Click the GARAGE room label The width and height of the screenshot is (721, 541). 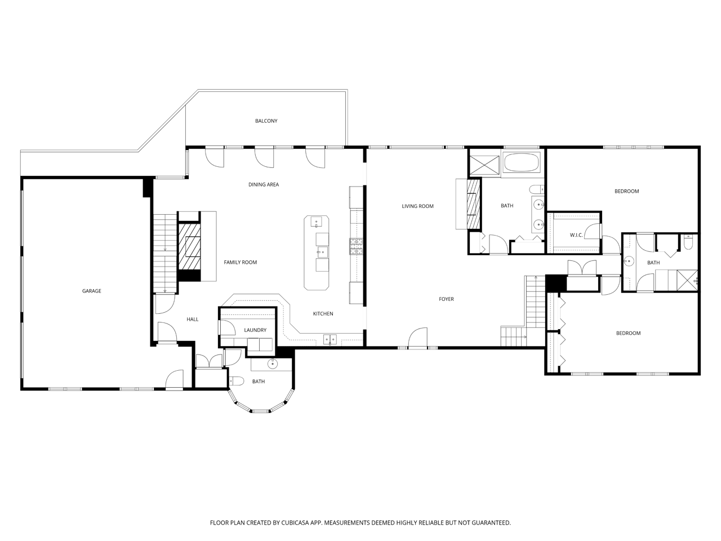(x=92, y=291)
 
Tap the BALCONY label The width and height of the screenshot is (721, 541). (x=266, y=121)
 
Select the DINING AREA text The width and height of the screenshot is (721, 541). (x=264, y=185)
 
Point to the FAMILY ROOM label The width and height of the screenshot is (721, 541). (x=240, y=262)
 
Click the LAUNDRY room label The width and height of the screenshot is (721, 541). (x=255, y=330)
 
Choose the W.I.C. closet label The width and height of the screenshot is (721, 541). (x=576, y=235)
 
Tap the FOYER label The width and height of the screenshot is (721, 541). (x=446, y=299)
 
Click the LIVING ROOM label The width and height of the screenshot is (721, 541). (x=417, y=206)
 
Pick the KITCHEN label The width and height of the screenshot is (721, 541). (x=323, y=314)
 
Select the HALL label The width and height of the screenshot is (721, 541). (x=193, y=320)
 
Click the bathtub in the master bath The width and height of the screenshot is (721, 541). (x=522, y=163)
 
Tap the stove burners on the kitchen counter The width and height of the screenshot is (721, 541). (x=357, y=247)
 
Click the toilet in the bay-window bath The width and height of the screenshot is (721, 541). (x=236, y=381)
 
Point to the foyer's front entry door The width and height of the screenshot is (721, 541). (x=418, y=337)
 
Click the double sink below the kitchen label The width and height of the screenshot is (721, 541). (x=330, y=339)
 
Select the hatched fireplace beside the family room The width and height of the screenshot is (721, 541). (x=189, y=246)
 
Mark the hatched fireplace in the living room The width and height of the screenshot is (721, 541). (x=473, y=203)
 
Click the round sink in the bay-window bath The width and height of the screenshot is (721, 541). (x=272, y=363)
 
